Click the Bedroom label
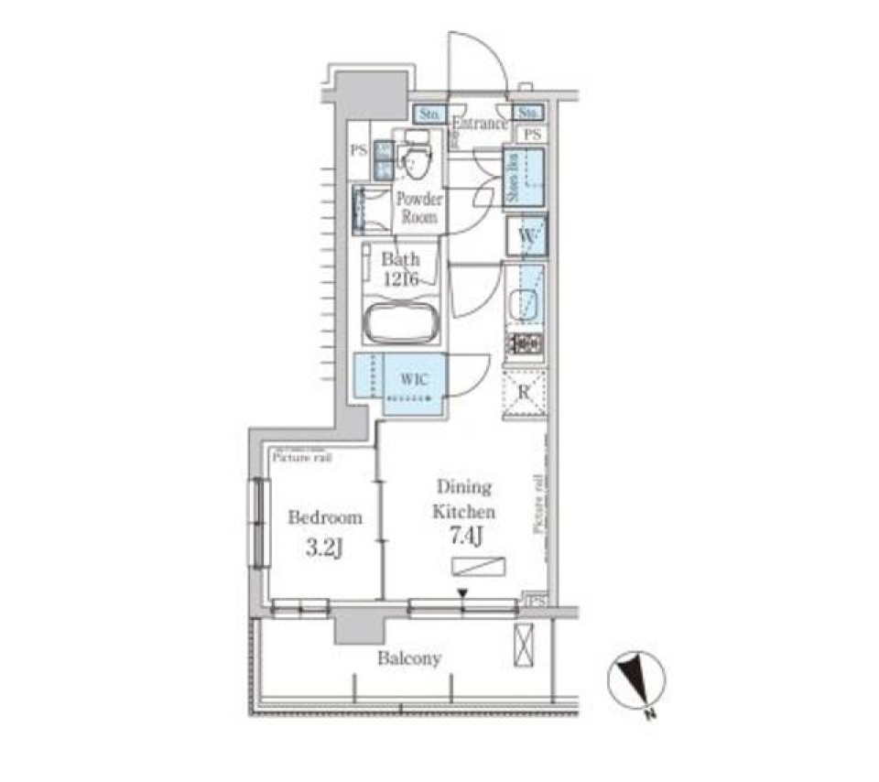pos(324,517)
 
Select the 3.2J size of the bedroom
pos(324,550)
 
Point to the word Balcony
pos(410,658)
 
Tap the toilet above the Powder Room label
pos(417,161)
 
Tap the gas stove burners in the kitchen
pos(526,344)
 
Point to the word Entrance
pos(480,124)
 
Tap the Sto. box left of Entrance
pos(429,114)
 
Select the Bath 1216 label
pos(401,269)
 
